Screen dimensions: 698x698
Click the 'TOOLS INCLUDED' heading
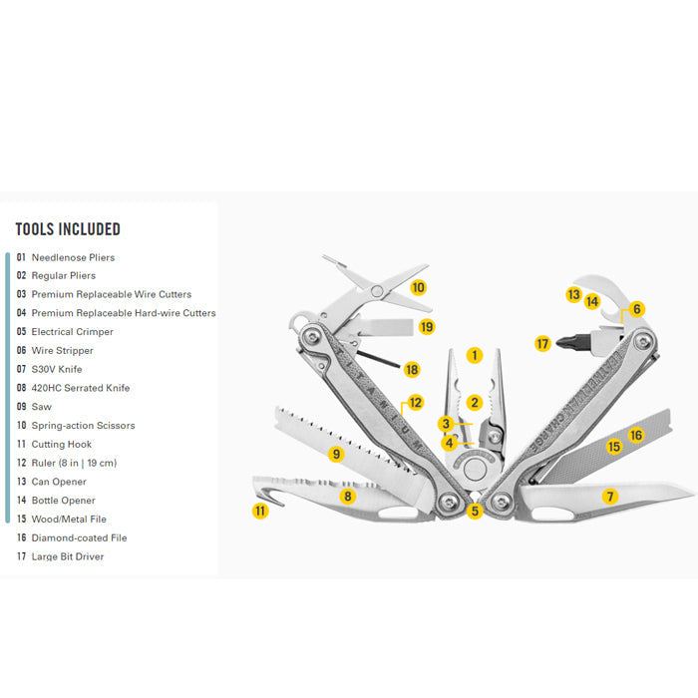pyautogui.click(x=68, y=229)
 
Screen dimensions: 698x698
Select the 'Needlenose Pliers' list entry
pyautogui.click(x=73, y=257)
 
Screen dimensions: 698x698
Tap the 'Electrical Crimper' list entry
pyautogui.click(x=72, y=332)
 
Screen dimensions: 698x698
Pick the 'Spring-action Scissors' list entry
pyautogui.click(x=83, y=426)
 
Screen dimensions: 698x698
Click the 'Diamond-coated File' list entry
pyautogui.click(x=78, y=537)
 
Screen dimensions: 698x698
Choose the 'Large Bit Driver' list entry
pyautogui.click(x=67, y=556)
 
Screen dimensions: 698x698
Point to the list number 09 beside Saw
pyautogui.click(x=21, y=407)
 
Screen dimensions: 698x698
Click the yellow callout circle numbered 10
pyautogui.click(x=418, y=287)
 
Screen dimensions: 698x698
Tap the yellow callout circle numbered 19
pyautogui.click(x=427, y=326)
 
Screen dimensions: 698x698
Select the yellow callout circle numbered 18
pyautogui.click(x=412, y=369)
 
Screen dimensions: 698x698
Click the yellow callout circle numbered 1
pyautogui.click(x=475, y=355)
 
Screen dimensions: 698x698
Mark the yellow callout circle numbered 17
pyautogui.click(x=542, y=344)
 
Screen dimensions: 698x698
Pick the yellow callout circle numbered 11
pyautogui.click(x=260, y=511)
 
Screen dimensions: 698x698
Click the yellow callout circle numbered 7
pyautogui.click(x=610, y=497)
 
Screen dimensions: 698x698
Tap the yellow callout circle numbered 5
pyautogui.click(x=475, y=512)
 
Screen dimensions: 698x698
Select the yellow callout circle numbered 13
pyautogui.click(x=573, y=295)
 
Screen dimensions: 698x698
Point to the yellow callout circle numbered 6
pyautogui.click(x=637, y=309)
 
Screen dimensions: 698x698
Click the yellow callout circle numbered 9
pyautogui.click(x=336, y=455)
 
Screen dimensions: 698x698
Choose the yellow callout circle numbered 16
pyautogui.click(x=636, y=435)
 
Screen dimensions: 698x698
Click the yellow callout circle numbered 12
pyautogui.click(x=415, y=403)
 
